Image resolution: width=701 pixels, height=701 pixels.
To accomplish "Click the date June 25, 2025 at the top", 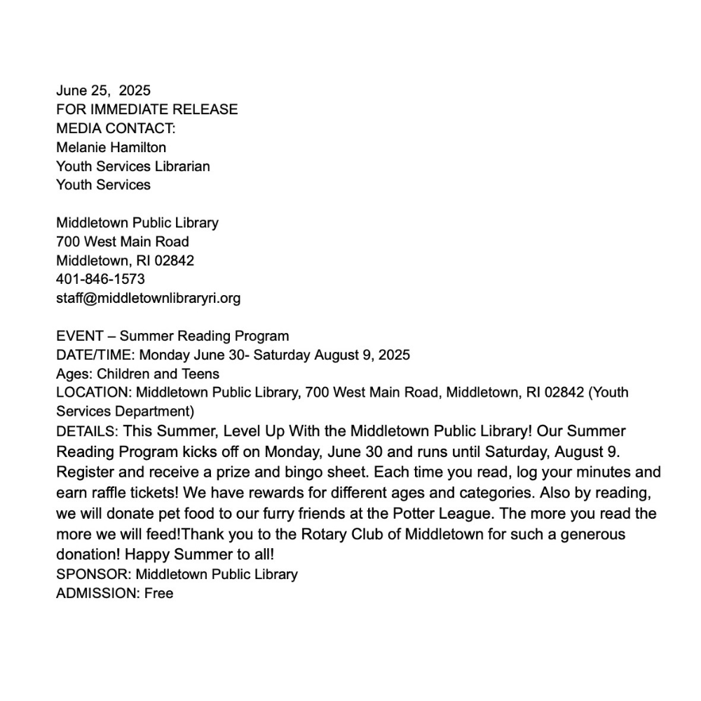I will pyautogui.click(x=103, y=90).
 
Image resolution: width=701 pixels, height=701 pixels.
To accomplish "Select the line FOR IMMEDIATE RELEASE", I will pyautogui.click(x=147, y=109).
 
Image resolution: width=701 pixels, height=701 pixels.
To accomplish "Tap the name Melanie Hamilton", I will pyautogui.click(x=111, y=147).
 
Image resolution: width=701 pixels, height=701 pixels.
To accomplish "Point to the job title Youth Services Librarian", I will pyautogui.click(x=132, y=166).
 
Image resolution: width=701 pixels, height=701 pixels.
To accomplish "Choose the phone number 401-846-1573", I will pyautogui.click(x=100, y=279).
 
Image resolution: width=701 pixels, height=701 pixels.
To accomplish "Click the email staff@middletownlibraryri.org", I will pyautogui.click(x=148, y=298).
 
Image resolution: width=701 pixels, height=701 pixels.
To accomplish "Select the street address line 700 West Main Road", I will pyautogui.click(x=122, y=242).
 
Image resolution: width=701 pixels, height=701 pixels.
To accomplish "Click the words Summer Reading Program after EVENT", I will pyautogui.click(x=204, y=336).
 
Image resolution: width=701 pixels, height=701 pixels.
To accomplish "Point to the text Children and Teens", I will pyautogui.click(x=158, y=374).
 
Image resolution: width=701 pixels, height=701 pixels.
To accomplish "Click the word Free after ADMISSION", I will pyautogui.click(x=158, y=594).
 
